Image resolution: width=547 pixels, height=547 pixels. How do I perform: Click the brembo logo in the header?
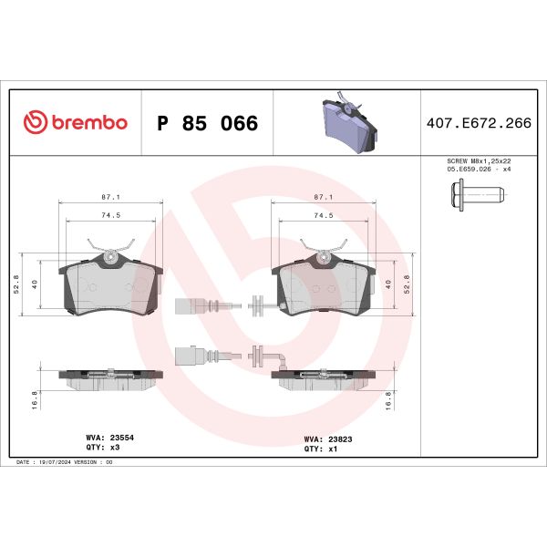coord(75,123)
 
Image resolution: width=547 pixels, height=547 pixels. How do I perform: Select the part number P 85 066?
coord(208,123)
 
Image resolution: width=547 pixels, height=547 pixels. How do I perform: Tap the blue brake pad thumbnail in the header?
coord(346,123)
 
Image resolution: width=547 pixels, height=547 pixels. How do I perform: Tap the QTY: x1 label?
coord(316,449)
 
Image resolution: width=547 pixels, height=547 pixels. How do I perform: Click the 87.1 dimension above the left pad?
coord(110,197)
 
